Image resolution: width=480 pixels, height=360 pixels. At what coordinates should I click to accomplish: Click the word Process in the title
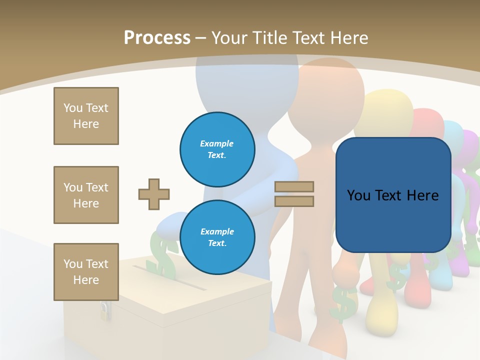[x=157, y=38]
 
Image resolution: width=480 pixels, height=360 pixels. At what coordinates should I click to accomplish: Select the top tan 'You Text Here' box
[x=86, y=116]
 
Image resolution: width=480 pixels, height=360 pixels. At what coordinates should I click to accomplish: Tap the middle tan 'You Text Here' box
[x=86, y=195]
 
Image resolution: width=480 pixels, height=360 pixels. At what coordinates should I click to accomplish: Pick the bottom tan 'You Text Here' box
[x=86, y=272]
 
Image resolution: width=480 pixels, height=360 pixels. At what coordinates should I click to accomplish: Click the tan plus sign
[x=154, y=194]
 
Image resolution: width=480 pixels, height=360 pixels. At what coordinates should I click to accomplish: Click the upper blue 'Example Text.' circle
[x=217, y=149]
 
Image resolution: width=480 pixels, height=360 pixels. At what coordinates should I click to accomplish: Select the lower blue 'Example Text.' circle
[x=217, y=237]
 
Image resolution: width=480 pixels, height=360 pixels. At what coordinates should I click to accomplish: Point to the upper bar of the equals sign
[x=294, y=186]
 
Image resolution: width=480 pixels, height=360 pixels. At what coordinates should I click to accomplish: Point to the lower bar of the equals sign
[x=294, y=201]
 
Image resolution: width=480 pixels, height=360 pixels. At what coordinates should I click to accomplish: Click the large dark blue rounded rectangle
[x=393, y=195]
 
